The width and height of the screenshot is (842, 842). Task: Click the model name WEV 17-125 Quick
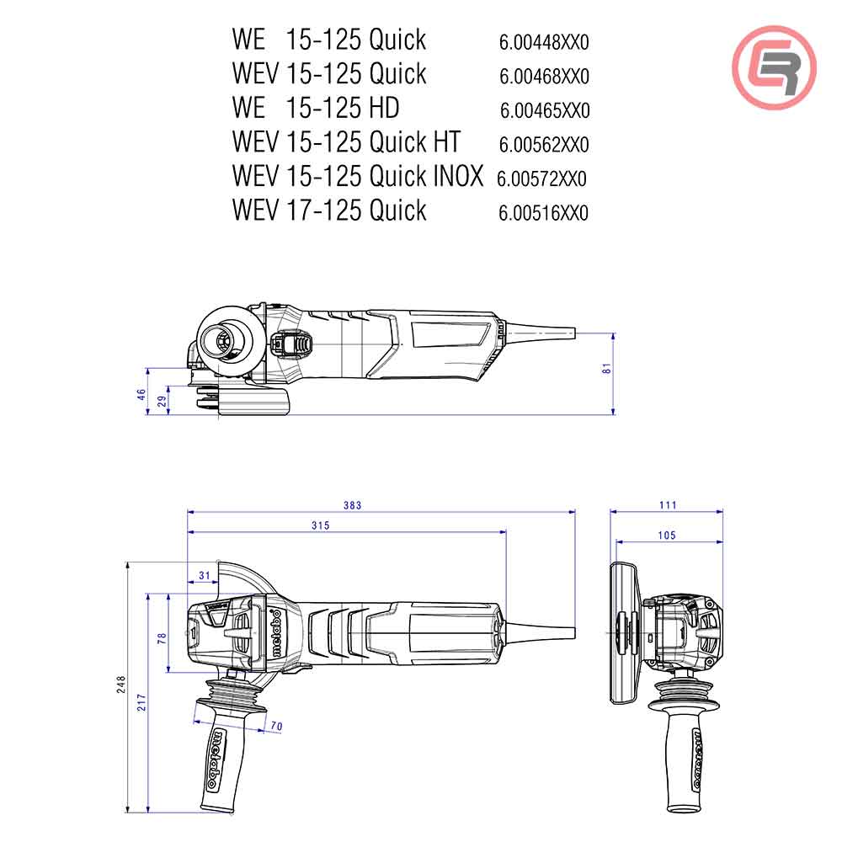329,210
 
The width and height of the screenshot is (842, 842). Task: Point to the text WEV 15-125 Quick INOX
358,176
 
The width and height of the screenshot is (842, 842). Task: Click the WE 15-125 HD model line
316,108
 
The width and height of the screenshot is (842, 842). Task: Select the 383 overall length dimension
352,505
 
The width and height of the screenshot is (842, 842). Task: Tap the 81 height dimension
606,369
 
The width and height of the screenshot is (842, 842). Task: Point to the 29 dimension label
162,400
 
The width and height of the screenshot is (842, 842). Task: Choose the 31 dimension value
203,575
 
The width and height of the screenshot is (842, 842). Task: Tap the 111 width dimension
668,505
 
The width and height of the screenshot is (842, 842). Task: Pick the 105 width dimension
667,536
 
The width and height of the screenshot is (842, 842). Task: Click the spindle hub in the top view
224,342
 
